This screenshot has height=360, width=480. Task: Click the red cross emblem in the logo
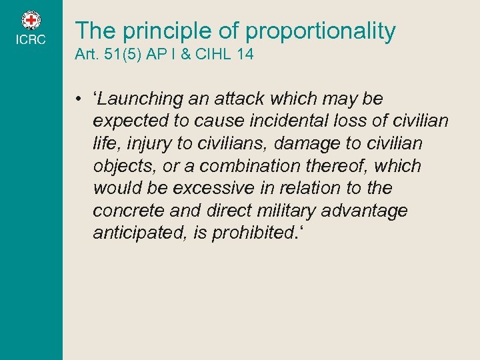coord(31,21)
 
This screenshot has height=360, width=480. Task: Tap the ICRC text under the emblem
coord(31,40)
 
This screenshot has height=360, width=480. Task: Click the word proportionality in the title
coord(321,31)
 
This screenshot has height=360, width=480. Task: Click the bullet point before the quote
coord(78,99)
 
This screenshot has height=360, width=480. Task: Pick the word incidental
coord(303,121)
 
